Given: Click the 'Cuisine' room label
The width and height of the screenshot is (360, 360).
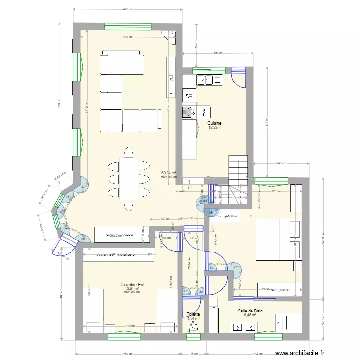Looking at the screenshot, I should pos(215,123).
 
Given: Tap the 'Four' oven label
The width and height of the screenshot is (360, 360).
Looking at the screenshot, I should pos(204,112).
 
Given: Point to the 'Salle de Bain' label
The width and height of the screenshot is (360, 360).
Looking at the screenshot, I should pos(250,311).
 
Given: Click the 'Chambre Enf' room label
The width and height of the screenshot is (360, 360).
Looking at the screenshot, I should pos(132,285).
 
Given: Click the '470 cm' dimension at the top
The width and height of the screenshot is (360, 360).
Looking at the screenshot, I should pos(128,9).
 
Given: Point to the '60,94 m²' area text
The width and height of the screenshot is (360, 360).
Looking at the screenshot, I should pos(168,172).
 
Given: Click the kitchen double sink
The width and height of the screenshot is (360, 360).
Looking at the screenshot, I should pos(210,80).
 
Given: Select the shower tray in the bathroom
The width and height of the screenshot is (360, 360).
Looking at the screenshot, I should pos(288,322).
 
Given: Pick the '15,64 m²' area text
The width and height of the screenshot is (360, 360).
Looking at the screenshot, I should pos(132,288).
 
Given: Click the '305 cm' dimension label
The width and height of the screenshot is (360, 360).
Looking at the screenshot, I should pos(217,53).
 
